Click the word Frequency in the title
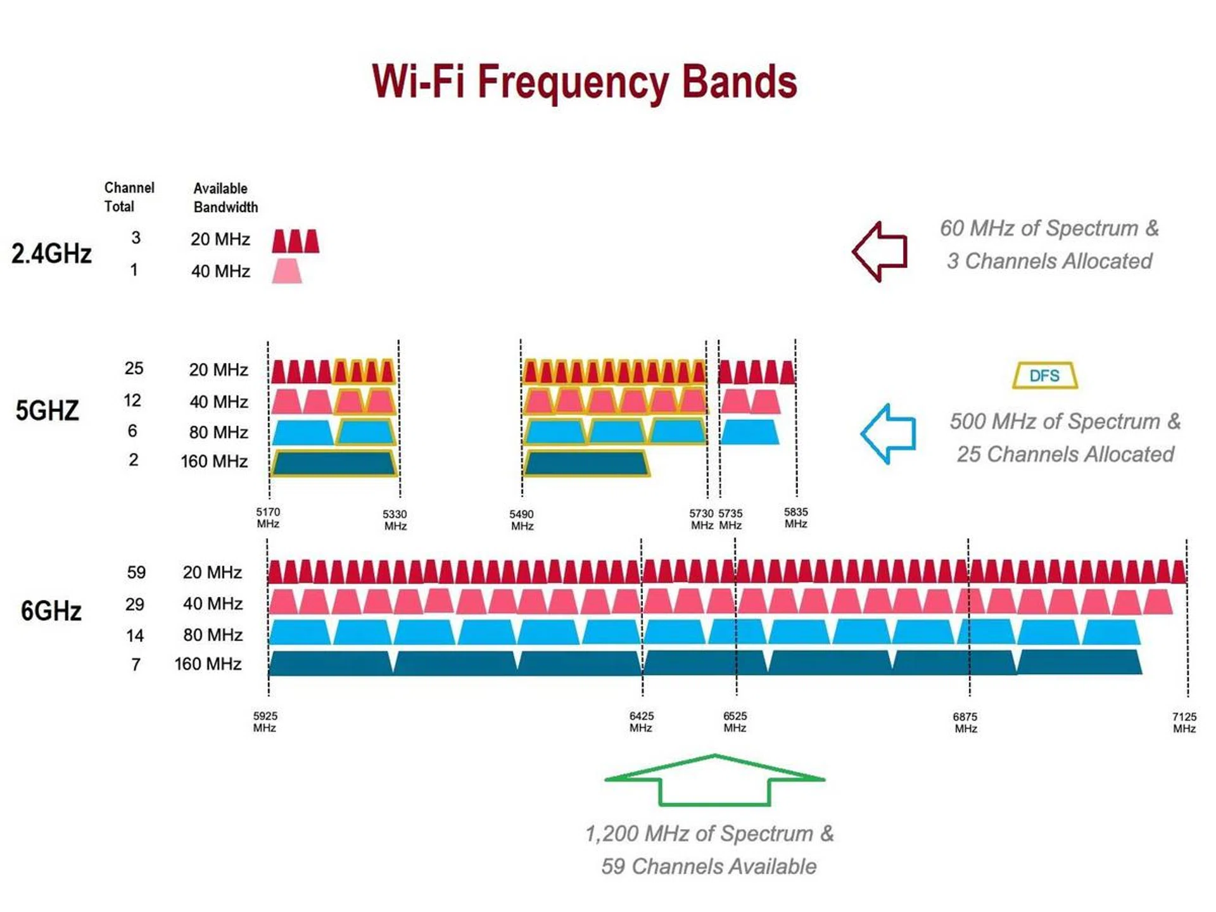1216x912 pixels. click(574, 83)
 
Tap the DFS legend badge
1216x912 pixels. click(1044, 376)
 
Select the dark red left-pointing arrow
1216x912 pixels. click(880, 251)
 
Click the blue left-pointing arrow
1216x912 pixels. click(889, 434)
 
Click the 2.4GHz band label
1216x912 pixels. click(51, 253)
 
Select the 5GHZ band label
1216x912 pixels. click(47, 411)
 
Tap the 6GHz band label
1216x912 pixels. click(51, 611)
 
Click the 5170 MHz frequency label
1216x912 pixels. click(268, 517)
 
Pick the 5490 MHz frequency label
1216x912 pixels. click(521, 520)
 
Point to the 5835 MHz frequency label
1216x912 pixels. click(795, 517)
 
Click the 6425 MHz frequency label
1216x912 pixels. click(641, 721)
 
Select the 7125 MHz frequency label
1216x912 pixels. click(1184, 722)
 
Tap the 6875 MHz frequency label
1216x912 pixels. click(965, 722)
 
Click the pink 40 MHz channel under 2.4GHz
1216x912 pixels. click(287, 271)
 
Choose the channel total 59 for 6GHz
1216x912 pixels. click(136, 573)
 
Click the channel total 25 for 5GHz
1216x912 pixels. click(134, 369)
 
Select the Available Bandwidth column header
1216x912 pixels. click(225, 198)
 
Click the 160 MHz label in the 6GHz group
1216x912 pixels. click(208, 664)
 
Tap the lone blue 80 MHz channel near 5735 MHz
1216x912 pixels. click(750, 432)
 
